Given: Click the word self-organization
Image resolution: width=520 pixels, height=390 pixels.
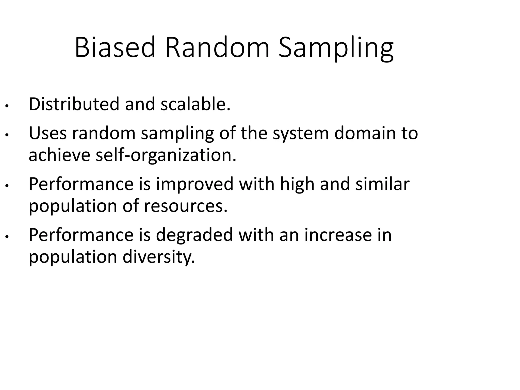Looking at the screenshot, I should coord(166,155).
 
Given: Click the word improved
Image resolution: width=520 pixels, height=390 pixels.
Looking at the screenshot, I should coord(194,184).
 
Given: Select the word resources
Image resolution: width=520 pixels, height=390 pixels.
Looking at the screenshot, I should coord(186,206).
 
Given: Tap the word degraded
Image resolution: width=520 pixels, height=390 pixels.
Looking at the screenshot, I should coord(194,235).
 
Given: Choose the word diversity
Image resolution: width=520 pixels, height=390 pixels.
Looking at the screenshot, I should coord(159,257).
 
